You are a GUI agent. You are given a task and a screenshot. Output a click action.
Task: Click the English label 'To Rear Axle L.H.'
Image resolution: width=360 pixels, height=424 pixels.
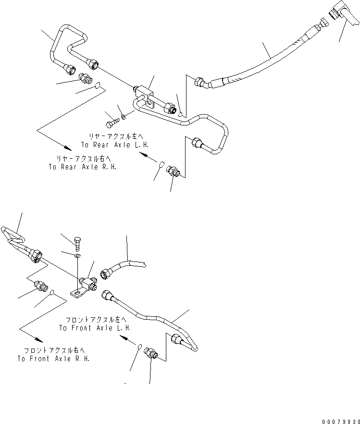point(115,145)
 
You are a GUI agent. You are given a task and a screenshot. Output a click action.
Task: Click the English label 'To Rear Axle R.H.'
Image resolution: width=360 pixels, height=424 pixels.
point(83,167)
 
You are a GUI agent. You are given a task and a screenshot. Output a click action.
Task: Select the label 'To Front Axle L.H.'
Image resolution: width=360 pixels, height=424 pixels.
point(95,328)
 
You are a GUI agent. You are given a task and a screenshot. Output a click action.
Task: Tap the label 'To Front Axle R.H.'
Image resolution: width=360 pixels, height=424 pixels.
point(53,359)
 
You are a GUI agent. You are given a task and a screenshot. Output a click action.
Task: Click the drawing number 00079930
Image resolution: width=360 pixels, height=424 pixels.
point(341,422)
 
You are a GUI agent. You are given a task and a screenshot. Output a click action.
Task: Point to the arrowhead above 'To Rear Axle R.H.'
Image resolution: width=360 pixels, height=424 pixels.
point(68,148)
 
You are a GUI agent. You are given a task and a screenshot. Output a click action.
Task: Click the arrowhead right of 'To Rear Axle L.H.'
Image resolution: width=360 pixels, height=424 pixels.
point(144,155)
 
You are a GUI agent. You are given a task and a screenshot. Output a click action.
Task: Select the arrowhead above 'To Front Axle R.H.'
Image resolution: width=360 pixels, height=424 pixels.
point(38,338)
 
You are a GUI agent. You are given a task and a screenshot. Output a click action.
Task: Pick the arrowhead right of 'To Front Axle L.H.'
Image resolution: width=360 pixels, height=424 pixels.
point(124,337)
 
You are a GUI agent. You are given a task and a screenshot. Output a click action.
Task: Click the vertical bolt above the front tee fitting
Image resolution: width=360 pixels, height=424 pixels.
point(77,244)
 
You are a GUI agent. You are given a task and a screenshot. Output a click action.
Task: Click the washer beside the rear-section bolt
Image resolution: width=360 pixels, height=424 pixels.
point(124,117)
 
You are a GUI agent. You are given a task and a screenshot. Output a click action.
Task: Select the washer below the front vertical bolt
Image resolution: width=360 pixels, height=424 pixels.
point(77,256)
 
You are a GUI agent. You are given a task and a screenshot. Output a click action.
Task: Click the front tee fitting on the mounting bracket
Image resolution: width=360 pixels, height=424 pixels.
point(88,283)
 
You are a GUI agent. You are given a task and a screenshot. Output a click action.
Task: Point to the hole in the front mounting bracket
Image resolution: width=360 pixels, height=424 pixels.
point(78,293)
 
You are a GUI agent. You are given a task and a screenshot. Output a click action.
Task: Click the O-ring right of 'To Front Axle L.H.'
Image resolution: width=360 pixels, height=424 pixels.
point(140,347)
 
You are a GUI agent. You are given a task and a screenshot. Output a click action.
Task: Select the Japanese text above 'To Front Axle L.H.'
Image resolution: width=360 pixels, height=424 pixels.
point(96,320)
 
